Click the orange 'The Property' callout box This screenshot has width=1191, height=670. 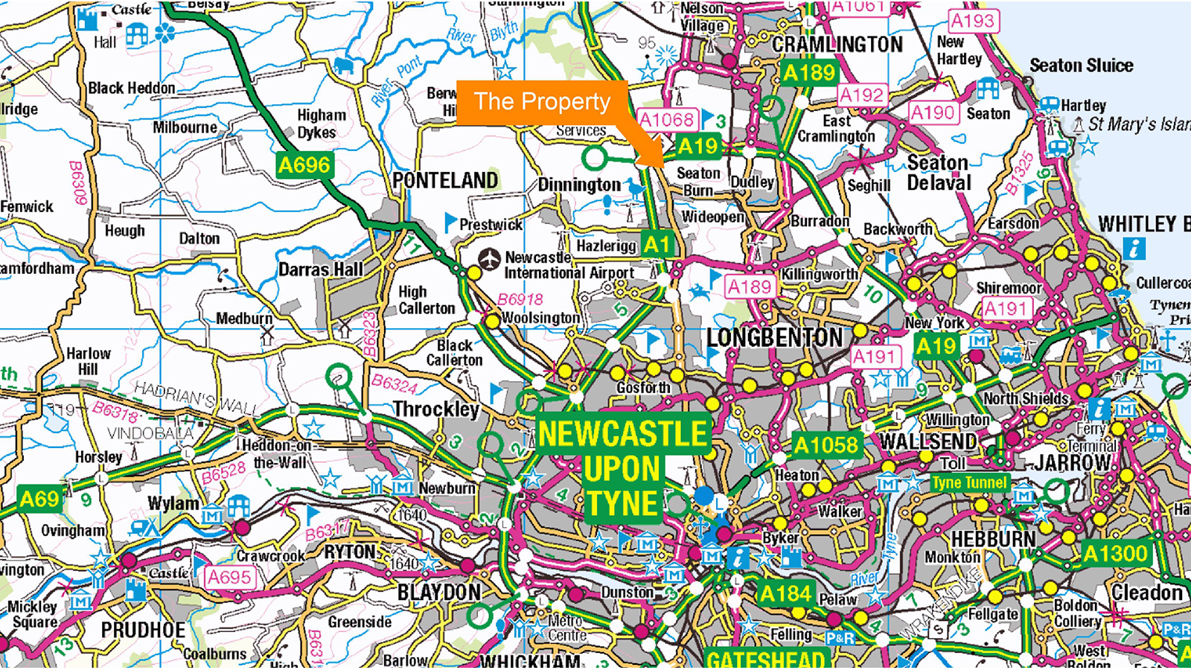[542, 101]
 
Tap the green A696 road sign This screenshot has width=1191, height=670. [304, 165]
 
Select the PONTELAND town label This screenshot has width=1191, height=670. [445, 180]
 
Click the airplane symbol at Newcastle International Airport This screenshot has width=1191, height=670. [489, 260]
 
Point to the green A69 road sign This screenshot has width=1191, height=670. [39, 498]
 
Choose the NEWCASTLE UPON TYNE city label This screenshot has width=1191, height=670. [622, 469]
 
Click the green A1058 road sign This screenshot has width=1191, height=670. [826, 446]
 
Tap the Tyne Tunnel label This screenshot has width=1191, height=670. [969, 482]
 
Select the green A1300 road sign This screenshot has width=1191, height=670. [1115, 553]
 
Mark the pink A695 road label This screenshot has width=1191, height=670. [229, 577]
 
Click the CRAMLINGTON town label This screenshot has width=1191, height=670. [837, 45]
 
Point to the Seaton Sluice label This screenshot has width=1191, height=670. [1081, 66]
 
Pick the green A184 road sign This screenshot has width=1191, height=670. [786, 593]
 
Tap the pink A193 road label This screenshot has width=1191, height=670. [972, 21]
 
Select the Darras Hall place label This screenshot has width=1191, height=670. [321, 269]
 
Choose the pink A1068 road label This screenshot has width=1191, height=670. [666, 120]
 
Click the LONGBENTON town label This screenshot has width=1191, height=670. [774, 338]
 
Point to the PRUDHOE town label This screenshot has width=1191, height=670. [143, 630]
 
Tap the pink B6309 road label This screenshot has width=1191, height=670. [77, 183]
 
